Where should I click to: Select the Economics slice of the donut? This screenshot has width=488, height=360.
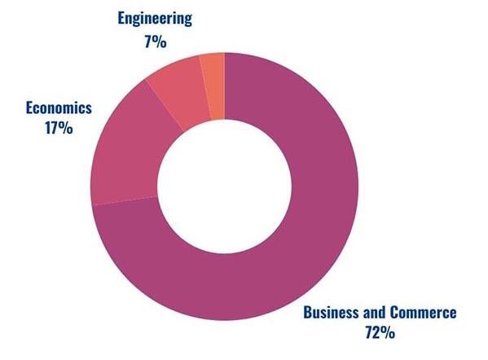pos(130,155)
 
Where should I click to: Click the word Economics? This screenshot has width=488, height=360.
pos(59,107)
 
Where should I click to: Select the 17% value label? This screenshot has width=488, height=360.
pos(59,128)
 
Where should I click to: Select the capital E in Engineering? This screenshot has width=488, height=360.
pos(121,16)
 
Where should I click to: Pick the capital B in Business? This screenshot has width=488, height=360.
pos(308,312)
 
